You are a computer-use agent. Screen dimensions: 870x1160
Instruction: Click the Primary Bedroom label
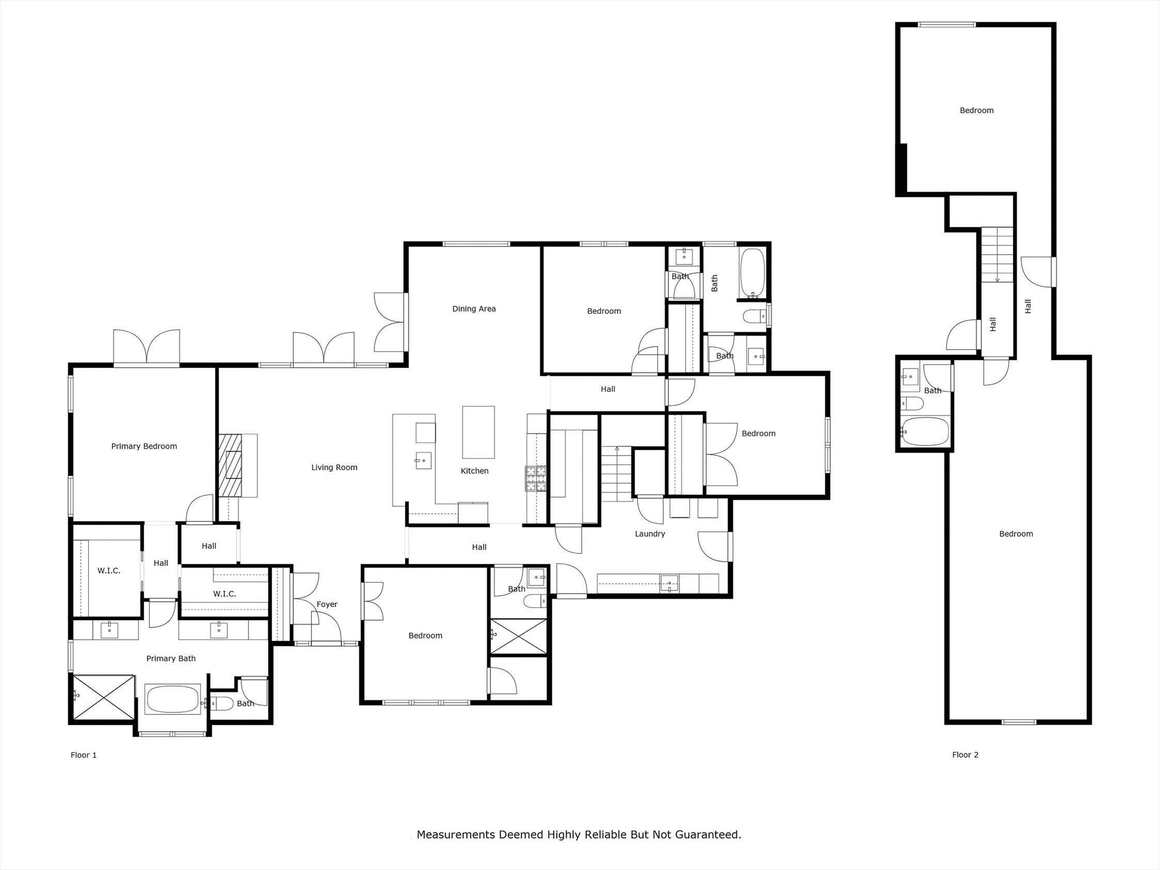[x=144, y=446]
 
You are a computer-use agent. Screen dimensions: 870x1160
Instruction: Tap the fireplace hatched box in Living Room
[x=231, y=465]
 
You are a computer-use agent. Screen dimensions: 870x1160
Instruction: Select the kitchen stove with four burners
[x=536, y=478]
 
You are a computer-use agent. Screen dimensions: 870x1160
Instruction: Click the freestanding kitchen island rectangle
[x=478, y=432]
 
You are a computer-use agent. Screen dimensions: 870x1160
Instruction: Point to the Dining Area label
[x=474, y=309]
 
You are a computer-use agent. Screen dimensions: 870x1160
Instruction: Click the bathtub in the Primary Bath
[x=173, y=700]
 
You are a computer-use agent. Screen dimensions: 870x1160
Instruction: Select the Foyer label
[x=327, y=604]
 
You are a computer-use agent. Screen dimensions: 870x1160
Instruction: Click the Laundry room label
[x=650, y=534]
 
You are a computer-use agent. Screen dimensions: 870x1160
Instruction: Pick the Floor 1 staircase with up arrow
[x=617, y=474]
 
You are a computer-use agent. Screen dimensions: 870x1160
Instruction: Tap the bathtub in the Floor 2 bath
[x=925, y=431]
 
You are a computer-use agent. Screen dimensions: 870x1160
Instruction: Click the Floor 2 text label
[x=965, y=755]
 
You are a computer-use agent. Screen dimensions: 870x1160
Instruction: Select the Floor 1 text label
[x=83, y=755]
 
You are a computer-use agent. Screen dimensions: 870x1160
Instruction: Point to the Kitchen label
[x=474, y=471]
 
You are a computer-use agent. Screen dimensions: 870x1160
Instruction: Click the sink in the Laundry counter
[x=669, y=582]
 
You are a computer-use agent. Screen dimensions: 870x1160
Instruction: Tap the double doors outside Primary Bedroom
[x=147, y=347]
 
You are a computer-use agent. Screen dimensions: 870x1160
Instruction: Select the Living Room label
[x=334, y=467]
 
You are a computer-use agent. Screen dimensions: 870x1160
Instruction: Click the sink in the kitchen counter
[x=422, y=460]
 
